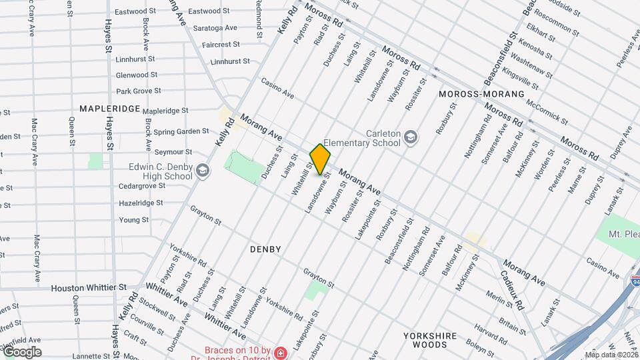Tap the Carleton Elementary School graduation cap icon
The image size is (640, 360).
click(411, 137)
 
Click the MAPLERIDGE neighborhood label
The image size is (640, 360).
click(109, 108)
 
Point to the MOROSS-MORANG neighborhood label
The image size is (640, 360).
click(481, 94)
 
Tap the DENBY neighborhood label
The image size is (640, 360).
click(265, 249)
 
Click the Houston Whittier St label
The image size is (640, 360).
click(89, 287)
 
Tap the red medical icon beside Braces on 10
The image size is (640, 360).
click(281, 351)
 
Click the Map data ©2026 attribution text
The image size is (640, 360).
click(611, 355)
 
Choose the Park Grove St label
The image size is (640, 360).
click(139, 91)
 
